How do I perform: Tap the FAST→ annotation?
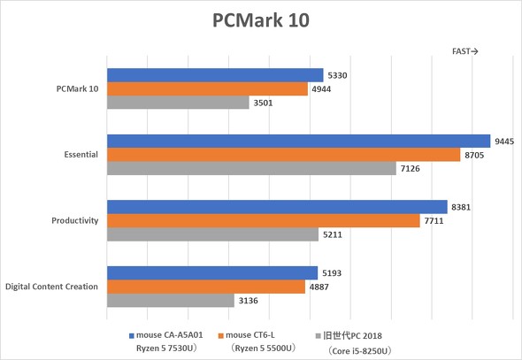coord(465,51)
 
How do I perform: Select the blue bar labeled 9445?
coord(298,142)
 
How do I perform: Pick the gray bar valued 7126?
coord(251,168)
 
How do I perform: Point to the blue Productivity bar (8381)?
coord(277,207)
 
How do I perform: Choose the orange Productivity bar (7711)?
coord(264,220)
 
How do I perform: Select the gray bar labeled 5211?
coord(212,234)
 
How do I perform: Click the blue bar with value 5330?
coord(215,75)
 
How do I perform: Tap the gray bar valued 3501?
coord(178,103)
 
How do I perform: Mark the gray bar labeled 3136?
coord(171,301)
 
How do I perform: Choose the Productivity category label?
coord(74,220)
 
